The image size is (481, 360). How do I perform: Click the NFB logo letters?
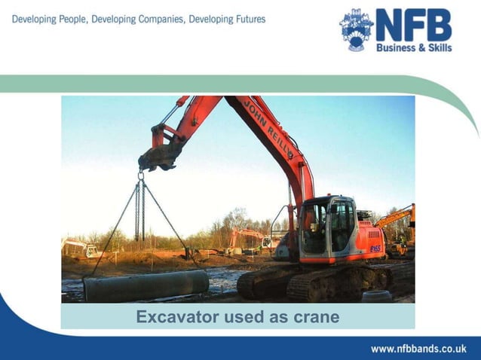[x=413, y=25]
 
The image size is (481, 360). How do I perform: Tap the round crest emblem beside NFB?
[x=356, y=29]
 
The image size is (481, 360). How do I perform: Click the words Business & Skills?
[x=414, y=47]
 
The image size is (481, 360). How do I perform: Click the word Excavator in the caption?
[x=175, y=317]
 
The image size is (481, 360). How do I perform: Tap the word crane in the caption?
[x=315, y=317]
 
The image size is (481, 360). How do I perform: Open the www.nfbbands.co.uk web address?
[x=418, y=349]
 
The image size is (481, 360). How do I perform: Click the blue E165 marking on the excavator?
[x=375, y=247]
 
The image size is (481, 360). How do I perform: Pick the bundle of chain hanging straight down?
[x=139, y=211]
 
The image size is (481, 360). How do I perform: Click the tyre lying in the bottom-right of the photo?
[x=376, y=296]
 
